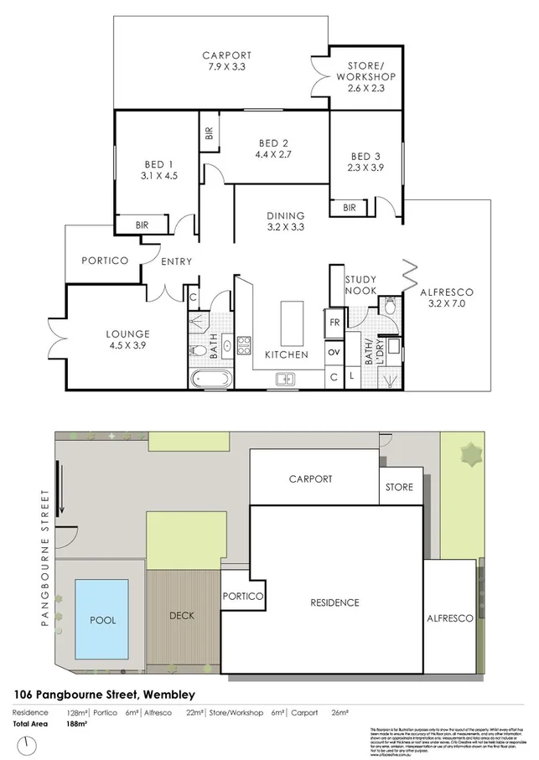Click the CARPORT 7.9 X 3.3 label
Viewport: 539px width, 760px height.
[226, 62]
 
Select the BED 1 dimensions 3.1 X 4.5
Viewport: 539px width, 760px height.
[158, 176]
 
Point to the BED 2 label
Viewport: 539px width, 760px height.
[271, 148]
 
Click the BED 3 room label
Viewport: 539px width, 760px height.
[365, 163]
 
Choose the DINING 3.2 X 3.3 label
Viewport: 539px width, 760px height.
[285, 221]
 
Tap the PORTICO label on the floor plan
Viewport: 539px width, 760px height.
[105, 261]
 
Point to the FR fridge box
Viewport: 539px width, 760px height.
[334, 323]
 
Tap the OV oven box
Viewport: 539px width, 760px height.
[334, 351]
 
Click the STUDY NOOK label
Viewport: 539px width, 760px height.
[360, 286]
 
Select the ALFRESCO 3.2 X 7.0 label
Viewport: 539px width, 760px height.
[447, 298]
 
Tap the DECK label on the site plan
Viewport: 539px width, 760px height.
[181, 616]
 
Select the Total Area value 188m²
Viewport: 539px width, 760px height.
[77, 724]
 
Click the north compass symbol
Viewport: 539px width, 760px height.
[29, 744]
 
